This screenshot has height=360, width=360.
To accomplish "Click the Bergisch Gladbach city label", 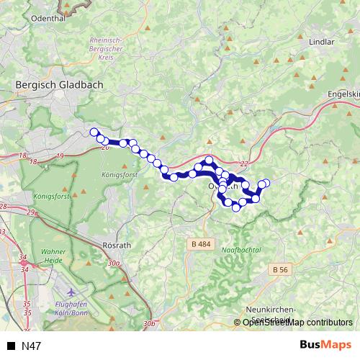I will tap(59, 84).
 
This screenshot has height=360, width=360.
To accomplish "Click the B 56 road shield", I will tap(281, 269).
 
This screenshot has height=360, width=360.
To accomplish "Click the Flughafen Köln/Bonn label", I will tap(72, 308).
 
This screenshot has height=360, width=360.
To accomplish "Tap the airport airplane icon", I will tap(72, 293).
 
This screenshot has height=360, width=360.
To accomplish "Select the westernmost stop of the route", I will tap(94, 132).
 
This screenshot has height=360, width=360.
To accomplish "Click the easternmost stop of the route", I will tap(266, 183).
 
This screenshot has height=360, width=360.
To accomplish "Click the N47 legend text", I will tap(32, 346).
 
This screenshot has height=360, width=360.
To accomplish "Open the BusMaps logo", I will tap(325, 345).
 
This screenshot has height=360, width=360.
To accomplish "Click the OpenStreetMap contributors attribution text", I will tap(297, 323).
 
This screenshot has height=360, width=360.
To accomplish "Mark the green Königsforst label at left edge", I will tap(50, 196).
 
